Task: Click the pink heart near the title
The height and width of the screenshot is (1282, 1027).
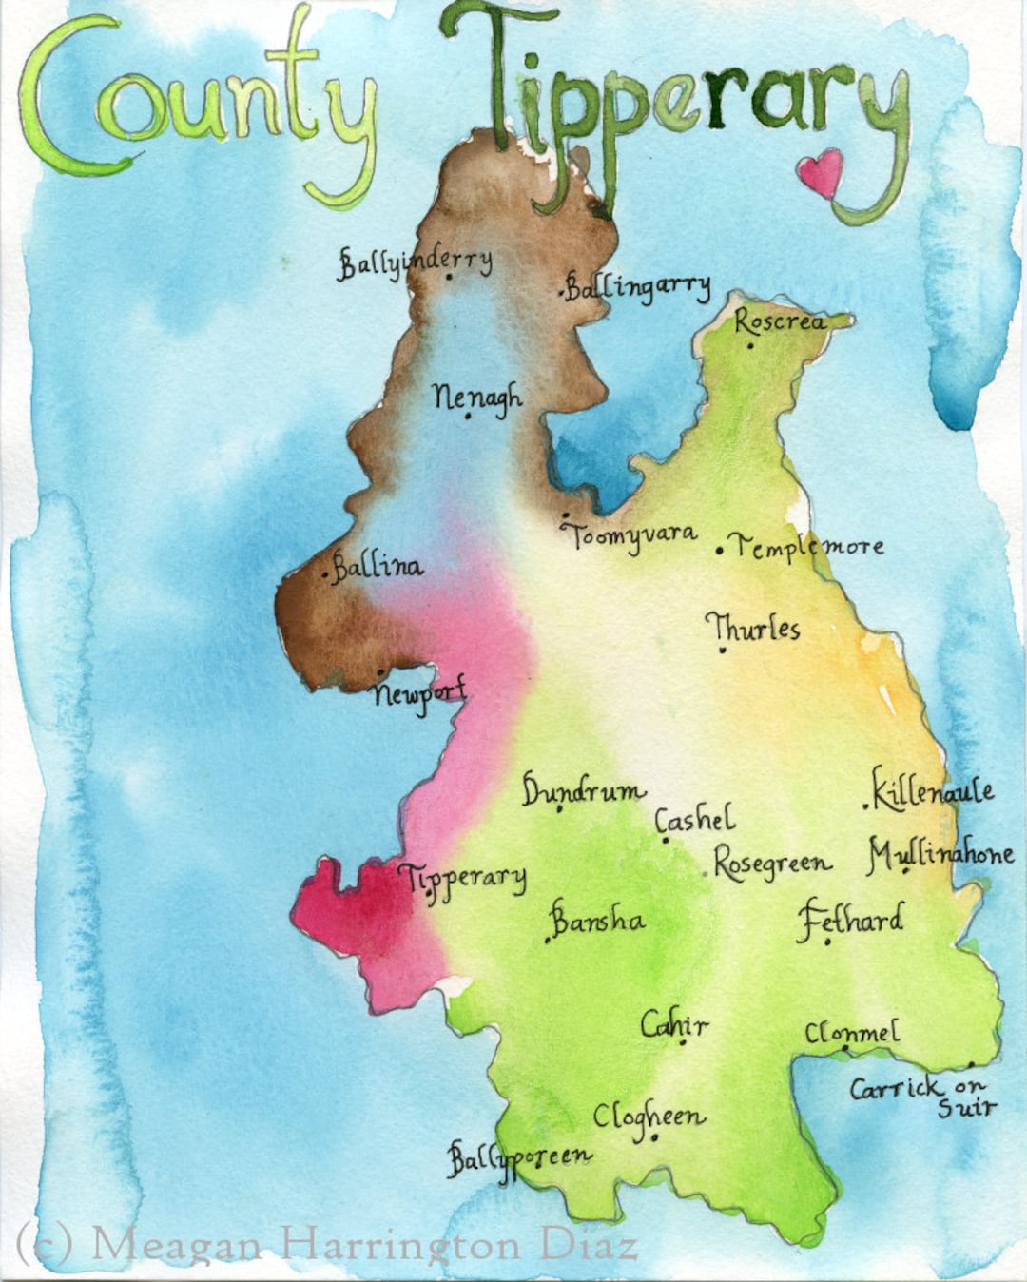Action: click(x=820, y=172)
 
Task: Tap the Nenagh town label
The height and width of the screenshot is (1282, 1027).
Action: click(x=476, y=397)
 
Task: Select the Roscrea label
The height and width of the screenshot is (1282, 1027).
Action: click(x=779, y=321)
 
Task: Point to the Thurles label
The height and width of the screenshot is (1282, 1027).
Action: click(x=752, y=628)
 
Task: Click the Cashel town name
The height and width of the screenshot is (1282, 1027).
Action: click(x=695, y=820)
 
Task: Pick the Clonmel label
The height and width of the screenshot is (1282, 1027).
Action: click(x=851, y=1033)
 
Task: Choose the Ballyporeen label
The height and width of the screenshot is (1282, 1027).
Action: click(x=519, y=1157)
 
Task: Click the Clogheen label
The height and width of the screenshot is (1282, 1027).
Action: click(x=649, y=1117)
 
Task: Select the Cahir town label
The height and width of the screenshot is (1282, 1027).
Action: click(x=674, y=1024)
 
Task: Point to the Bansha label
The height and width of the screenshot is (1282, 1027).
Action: click(x=597, y=920)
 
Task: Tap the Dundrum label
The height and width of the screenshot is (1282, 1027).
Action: click(x=582, y=791)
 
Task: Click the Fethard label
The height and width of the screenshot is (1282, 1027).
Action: click(x=850, y=920)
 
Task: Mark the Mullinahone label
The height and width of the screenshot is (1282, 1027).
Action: click(x=940, y=854)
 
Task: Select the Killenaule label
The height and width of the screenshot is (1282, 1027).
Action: click(x=933, y=789)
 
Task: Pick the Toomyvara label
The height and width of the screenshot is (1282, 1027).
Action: click(x=632, y=535)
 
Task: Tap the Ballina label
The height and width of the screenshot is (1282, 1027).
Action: click(x=377, y=567)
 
